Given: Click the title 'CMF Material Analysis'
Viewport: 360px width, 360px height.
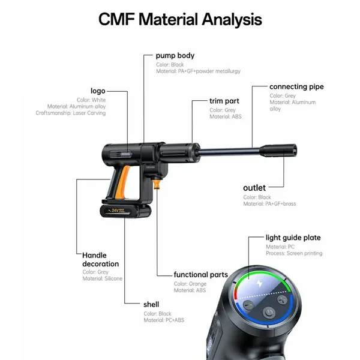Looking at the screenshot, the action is pyautogui.click(x=180, y=19).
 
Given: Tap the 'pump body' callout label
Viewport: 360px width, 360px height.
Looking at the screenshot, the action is pyautogui.click(x=175, y=56).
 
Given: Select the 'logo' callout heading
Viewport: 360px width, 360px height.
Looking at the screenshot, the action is pyautogui.click(x=98, y=91).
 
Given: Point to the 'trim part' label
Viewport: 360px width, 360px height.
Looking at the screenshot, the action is pyautogui.click(x=224, y=101).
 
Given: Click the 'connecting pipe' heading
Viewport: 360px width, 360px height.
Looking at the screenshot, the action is pyautogui.click(x=296, y=87).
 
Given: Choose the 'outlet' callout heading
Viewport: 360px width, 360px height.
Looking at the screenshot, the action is pyautogui.click(x=254, y=188).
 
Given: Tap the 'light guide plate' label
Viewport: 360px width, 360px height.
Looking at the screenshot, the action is pyautogui.click(x=293, y=238).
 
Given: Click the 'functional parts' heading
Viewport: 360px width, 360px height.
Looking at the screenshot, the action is pyautogui.click(x=200, y=275).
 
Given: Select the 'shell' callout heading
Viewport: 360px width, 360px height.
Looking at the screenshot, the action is pyautogui.click(x=151, y=304).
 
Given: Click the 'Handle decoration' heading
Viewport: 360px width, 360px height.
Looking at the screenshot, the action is pyautogui.click(x=101, y=259).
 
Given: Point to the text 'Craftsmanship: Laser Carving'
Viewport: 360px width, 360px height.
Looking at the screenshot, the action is pyautogui.click(x=71, y=113).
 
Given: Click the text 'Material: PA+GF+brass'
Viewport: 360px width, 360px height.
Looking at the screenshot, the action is pyautogui.click(x=269, y=203).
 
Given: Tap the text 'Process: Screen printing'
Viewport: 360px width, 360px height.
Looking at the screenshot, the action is pyautogui.click(x=294, y=253).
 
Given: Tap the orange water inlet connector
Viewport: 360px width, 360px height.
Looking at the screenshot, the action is pyautogui.click(x=157, y=184).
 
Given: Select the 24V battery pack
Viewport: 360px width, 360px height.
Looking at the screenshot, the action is pyautogui.click(x=125, y=211).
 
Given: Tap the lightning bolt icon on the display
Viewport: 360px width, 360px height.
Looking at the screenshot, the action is pyautogui.click(x=260, y=284).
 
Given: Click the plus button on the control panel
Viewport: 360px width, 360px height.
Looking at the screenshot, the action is pyautogui.click(x=282, y=299).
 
